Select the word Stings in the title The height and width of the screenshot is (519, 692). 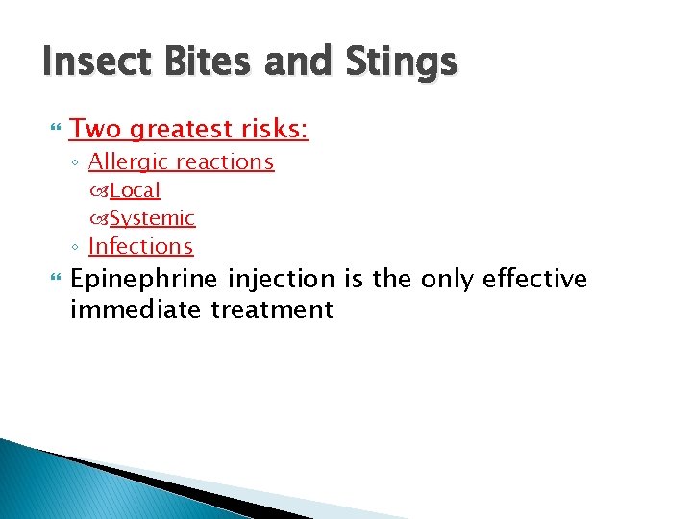398,64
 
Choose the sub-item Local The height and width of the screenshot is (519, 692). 135,190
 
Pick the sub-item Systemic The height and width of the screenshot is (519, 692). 152,218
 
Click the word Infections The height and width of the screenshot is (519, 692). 140,246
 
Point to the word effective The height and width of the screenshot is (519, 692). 534,280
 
